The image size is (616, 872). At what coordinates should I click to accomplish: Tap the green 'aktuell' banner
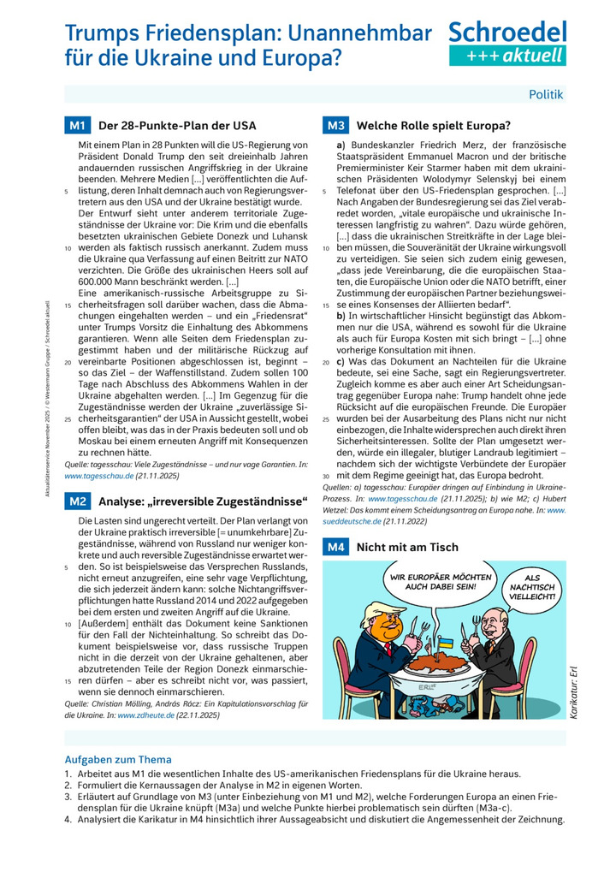tap(507, 56)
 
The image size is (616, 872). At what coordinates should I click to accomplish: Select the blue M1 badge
tap(77, 126)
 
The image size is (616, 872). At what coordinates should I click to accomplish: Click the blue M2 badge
tap(77, 501)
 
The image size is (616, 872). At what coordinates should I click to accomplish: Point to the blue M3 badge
tap(335, 126)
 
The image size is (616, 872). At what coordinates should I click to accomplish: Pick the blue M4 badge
tap(335, 547)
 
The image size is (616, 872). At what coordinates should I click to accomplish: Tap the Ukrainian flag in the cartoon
tap(445, 640)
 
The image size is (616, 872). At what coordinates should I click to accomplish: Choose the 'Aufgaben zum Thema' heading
tap(118, 759)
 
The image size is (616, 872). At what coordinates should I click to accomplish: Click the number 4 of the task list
tap(68, 818)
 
